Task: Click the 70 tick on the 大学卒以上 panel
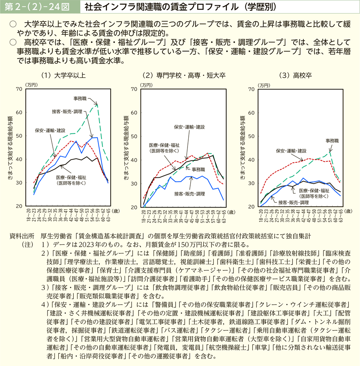point(19,89)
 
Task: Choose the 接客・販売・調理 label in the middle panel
point(189,194)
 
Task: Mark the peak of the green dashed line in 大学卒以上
point(97,104)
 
